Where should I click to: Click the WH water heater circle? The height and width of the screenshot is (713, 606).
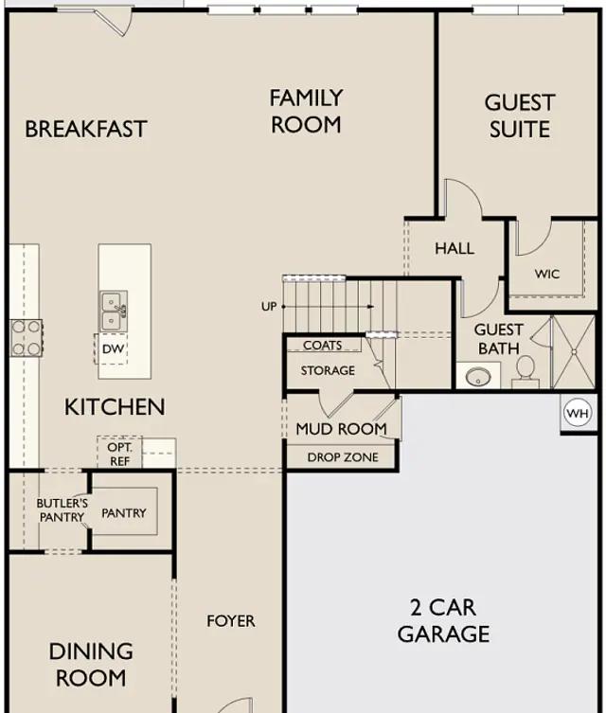(x=578, y=414)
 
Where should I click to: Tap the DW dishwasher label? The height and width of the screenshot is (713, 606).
(x=113, y=349)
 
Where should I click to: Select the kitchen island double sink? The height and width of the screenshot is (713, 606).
(x=114, y=312)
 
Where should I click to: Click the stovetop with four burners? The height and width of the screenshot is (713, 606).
(x=27, y=338)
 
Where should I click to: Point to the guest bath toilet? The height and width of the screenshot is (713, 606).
(x=526, y=372)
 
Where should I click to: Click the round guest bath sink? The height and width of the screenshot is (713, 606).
(x=478, y=377)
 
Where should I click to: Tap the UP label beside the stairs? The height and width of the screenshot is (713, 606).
(x=269, y=307)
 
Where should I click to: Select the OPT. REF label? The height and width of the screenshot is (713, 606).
(x=119, y=454)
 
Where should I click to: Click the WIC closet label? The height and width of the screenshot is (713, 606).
(x=547, y=274)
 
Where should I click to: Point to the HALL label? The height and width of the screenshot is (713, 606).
(x=454, y=248)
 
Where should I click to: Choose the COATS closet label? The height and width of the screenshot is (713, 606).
(x=322, y=345)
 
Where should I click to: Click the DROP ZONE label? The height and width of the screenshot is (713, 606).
(x=343, y=457)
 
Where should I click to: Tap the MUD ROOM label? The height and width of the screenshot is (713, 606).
(x=341, y=428)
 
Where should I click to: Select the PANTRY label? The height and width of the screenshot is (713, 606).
(x=124, y=513)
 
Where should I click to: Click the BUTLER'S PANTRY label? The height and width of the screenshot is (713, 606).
(x=62, y=510)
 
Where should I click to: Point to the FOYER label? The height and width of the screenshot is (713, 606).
(x=231, y=621)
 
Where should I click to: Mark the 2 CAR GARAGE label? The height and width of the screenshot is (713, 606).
(x=444, y=621)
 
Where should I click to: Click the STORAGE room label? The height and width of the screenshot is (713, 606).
(x=328, y=370)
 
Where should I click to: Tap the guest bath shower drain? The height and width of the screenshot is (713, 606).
(x=575, y=352)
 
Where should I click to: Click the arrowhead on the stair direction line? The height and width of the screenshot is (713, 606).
(x=371, y=307)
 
